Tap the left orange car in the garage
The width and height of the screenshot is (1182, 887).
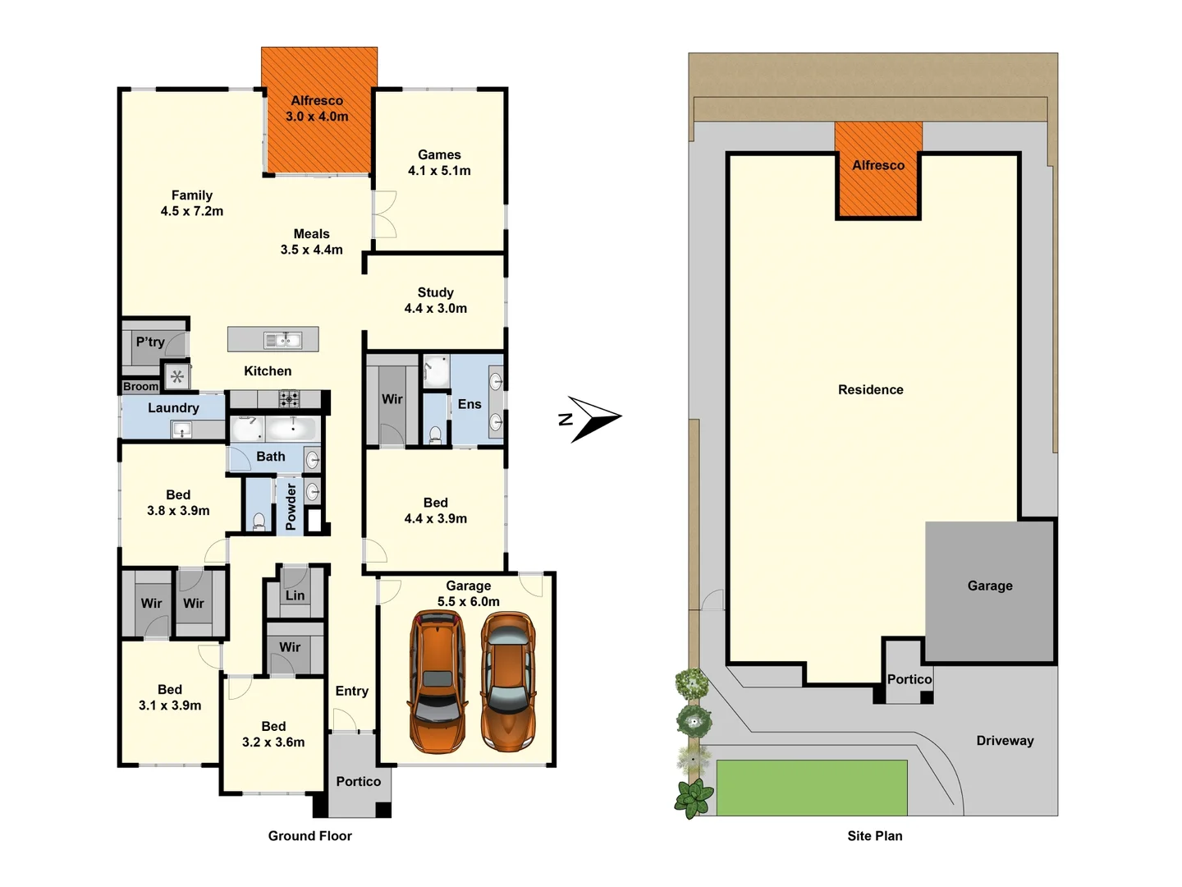point(438,682)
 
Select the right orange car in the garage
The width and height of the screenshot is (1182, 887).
point(508,682)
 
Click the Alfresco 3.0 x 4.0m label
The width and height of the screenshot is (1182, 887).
point(317,108)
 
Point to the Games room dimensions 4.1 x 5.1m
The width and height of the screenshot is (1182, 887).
point(439,171)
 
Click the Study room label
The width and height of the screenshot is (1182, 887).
point(435,292)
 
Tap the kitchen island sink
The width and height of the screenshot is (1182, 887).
point(282,339)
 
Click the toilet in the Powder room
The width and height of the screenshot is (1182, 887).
point(259,520)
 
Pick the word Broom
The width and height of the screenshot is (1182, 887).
point(140,387)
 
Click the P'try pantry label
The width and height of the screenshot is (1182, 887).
point(150,342)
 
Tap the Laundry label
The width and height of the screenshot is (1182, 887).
point(173,408)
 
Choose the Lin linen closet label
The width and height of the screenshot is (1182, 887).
point(295,595)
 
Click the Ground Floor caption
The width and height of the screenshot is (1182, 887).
point(309,836)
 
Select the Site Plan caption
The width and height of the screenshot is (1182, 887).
point(874,836)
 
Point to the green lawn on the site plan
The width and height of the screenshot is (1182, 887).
point(811,787)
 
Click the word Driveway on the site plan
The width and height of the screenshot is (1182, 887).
point(1005,741)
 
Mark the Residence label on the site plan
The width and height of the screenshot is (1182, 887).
point(870,390)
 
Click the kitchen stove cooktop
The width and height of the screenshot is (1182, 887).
point(289,399)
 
